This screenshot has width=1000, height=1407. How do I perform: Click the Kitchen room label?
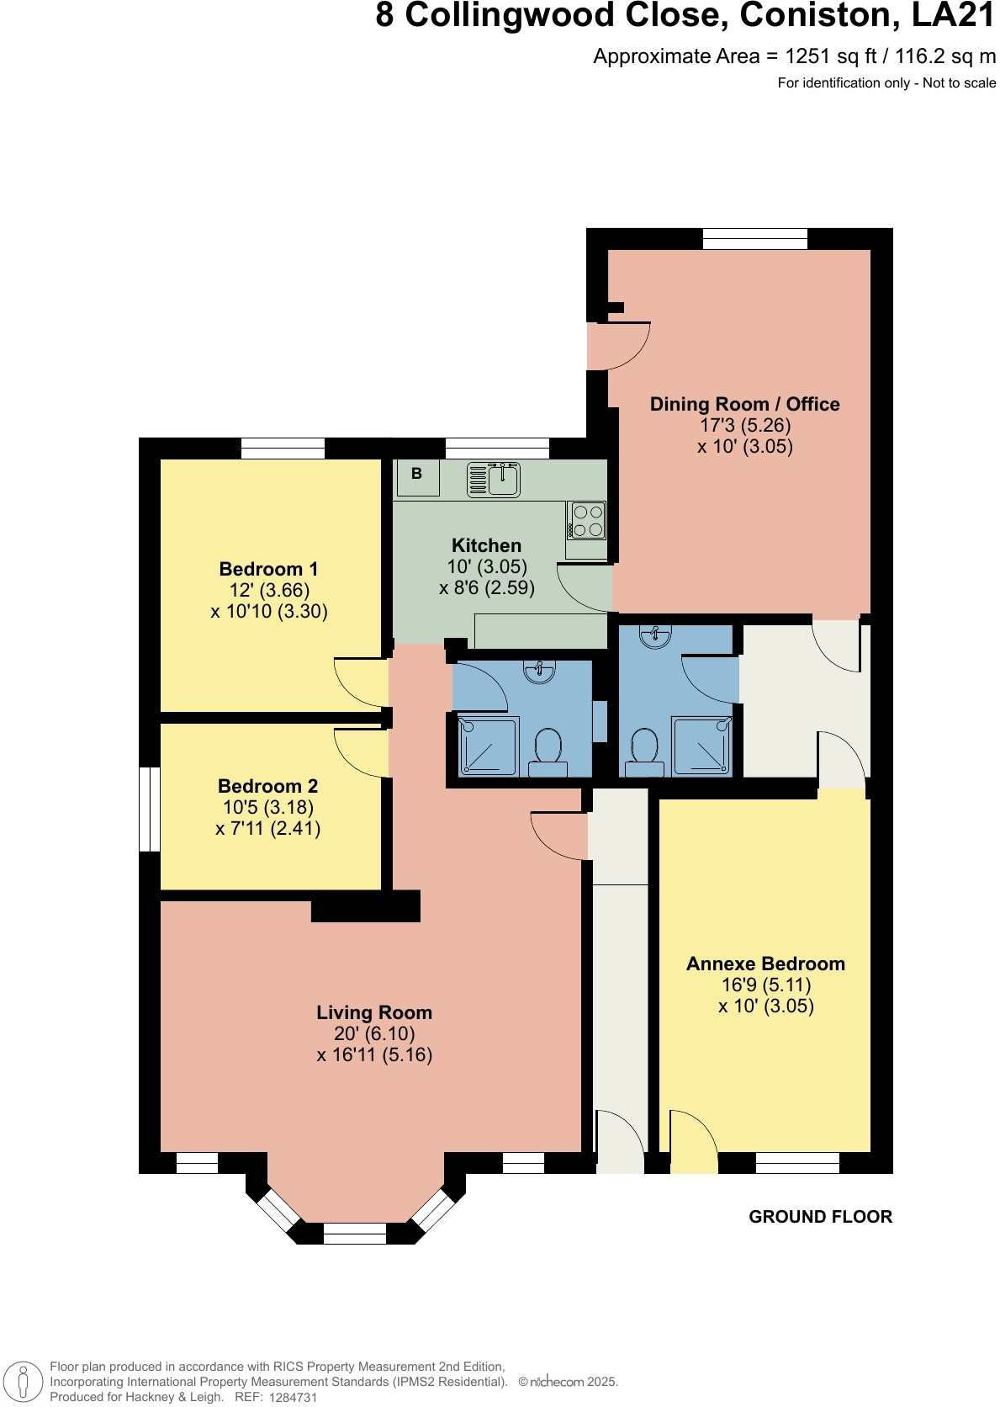click(486, 545)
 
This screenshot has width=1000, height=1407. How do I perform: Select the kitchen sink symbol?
click(494, 480)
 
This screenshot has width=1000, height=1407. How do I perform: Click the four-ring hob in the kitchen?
click(587, 520)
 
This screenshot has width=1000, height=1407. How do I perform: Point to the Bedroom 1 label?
click(268, 569)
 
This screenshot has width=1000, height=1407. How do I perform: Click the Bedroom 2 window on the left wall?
click(150, 809)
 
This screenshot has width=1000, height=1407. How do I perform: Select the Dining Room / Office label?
click(744, 404)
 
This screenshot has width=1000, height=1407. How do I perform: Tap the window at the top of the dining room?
click(754, 239)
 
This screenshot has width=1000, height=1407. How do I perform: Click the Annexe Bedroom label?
click(765, 964)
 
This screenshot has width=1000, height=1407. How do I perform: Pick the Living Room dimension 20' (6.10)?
click(374, 1033)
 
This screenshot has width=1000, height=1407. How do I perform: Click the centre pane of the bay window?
click(354, 1233)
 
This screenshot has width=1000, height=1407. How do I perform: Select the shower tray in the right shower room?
click(701, 746)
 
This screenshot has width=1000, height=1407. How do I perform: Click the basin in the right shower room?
click(655, 636)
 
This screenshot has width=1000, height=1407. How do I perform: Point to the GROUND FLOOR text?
click(820, 1217)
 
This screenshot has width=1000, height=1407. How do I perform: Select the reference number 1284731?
click(293, 1398)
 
